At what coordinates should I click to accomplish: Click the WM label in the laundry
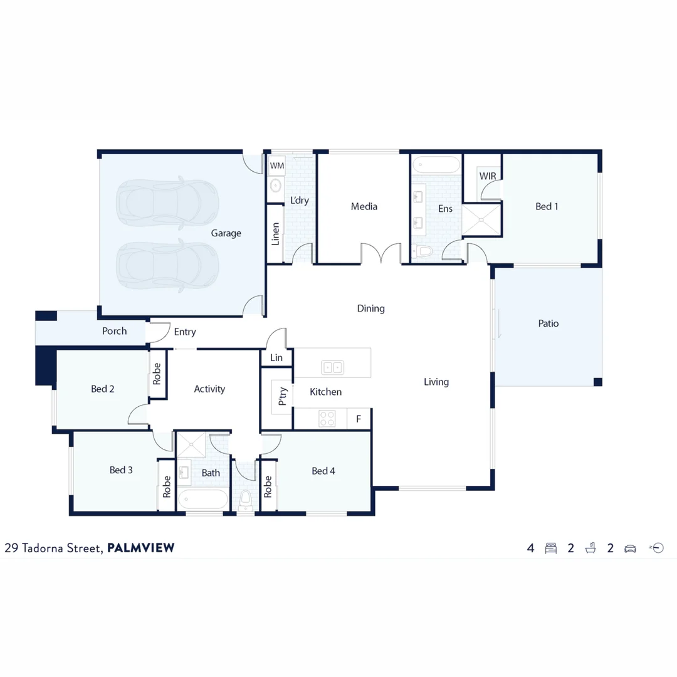[276, 166]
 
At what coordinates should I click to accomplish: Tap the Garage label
[226, 233]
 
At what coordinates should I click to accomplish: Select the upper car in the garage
[167, 201]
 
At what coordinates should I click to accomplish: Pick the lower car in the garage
[167, 266]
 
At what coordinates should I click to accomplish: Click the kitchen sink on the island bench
[332, 367]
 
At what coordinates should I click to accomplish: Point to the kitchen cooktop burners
[327, 418]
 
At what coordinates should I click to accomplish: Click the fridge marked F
[359, 419]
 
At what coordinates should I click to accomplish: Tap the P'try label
[283, 397]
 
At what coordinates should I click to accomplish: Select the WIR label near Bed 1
[488, 176]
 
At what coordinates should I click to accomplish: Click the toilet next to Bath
[246, 500]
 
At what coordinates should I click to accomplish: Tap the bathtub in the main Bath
[202, 500]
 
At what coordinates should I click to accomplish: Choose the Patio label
[548, 323]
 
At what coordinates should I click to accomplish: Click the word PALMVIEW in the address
[141, 548]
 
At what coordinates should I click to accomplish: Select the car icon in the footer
[630, 548]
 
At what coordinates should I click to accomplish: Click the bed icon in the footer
[551, 548]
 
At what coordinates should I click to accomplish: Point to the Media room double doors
[381, 254]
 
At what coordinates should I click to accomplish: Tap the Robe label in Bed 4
[268, 486]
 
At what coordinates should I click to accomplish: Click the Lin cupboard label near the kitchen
[276, 358]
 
